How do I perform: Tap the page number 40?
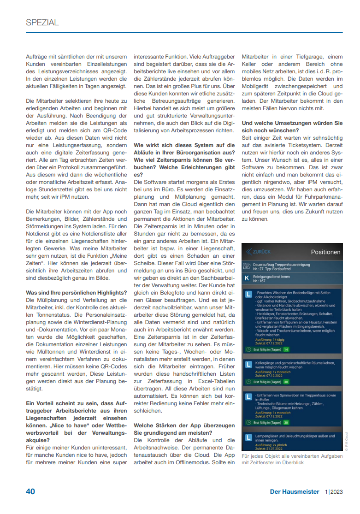click(30, 491)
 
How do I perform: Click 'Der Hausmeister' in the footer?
click(295, 491)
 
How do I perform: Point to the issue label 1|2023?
click(334, 491)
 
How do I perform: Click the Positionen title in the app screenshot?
click(325, 252)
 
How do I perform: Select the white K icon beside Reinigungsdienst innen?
click(247, 278)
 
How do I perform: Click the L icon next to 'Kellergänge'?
click(248, 364)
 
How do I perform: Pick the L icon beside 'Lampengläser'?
click(248, 437)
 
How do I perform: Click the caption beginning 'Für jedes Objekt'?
click(292, 459)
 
